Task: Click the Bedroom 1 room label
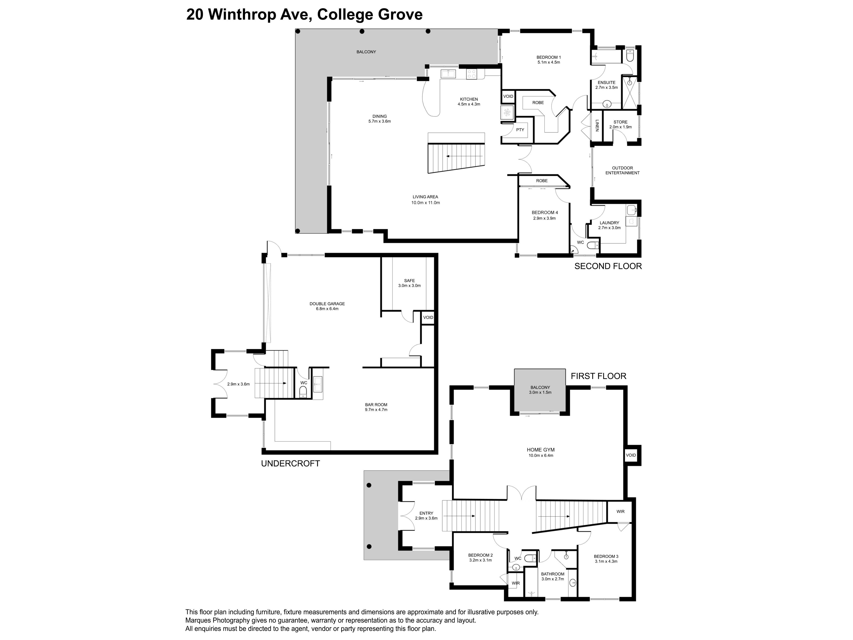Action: click(548, 59)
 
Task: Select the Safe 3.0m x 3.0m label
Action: click(410, 283)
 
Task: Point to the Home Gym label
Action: click(541, 452)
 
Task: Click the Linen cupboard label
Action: click(597, 125)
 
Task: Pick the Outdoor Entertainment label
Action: click(622, 170)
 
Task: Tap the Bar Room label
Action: click(376, 407)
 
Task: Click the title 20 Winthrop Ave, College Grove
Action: click(304, 15)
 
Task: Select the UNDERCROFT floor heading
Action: click(290, 463)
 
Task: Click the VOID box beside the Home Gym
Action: click(631, 455)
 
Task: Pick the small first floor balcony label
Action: click(540, 390)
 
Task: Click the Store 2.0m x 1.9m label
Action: click(620, 124)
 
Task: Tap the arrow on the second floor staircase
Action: click(464, 156)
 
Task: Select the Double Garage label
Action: click(327, 306)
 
